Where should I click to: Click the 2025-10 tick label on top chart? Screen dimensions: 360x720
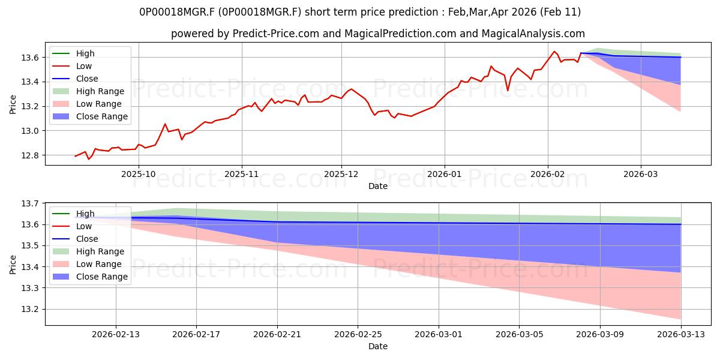point(139,173)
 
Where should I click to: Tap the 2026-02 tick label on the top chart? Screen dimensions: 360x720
point(548,173)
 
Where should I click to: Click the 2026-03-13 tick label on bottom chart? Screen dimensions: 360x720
point(681,334)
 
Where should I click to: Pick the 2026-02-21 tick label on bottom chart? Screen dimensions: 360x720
point(277,334)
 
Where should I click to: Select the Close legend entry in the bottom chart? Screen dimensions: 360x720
point(87,239)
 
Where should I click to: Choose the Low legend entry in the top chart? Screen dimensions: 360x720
point(84,66)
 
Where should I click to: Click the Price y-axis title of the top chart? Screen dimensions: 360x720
point(13,104)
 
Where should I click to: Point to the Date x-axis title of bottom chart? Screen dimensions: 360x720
point(378,346)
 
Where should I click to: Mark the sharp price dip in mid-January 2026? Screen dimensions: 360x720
point(508,91)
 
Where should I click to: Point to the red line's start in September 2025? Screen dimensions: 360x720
point(75,156)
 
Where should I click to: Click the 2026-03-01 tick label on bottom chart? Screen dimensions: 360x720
point(439,334)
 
